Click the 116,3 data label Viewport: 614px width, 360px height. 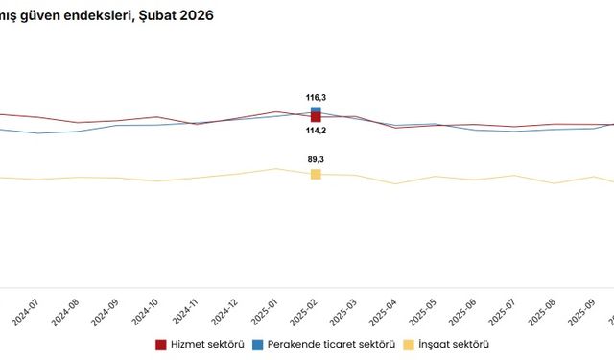click(316, 98)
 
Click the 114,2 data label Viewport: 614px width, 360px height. click(316, 131)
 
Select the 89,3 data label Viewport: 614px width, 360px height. click(316, 160)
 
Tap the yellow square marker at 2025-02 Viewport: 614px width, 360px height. click(316, 174)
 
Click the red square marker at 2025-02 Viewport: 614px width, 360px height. click(316, 117)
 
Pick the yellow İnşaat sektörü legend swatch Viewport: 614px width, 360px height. click(409, 344)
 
